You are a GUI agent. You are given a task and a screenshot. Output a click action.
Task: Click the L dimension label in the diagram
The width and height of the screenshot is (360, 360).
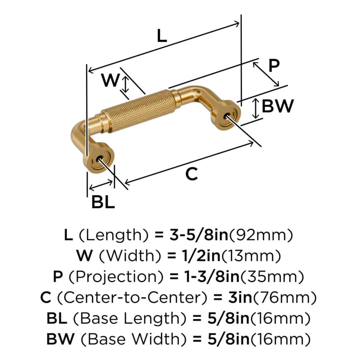pyautogui.click(x=162, y=36)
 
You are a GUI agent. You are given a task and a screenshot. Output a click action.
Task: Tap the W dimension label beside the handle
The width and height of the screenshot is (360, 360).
pyautogui.click(x=111, y=80)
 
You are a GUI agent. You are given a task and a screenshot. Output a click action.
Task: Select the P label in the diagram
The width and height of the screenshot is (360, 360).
pyautogui.click(x=274, y=66)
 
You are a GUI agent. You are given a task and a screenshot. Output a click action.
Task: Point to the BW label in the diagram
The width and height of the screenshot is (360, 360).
pyautogui.click(x=278, y=106)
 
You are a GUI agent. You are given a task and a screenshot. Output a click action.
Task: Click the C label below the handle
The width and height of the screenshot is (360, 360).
pyautogui.click(x=192, y=174)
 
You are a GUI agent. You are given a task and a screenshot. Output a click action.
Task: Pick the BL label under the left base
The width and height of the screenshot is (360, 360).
pyautogui.click(x=103, y=202)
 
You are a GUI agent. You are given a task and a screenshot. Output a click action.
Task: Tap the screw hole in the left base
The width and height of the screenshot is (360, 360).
pyautogui.click(x=100, y=159)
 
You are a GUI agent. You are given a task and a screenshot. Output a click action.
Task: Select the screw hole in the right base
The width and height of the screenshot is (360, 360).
pyautogui.click(x=227, y=116)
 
